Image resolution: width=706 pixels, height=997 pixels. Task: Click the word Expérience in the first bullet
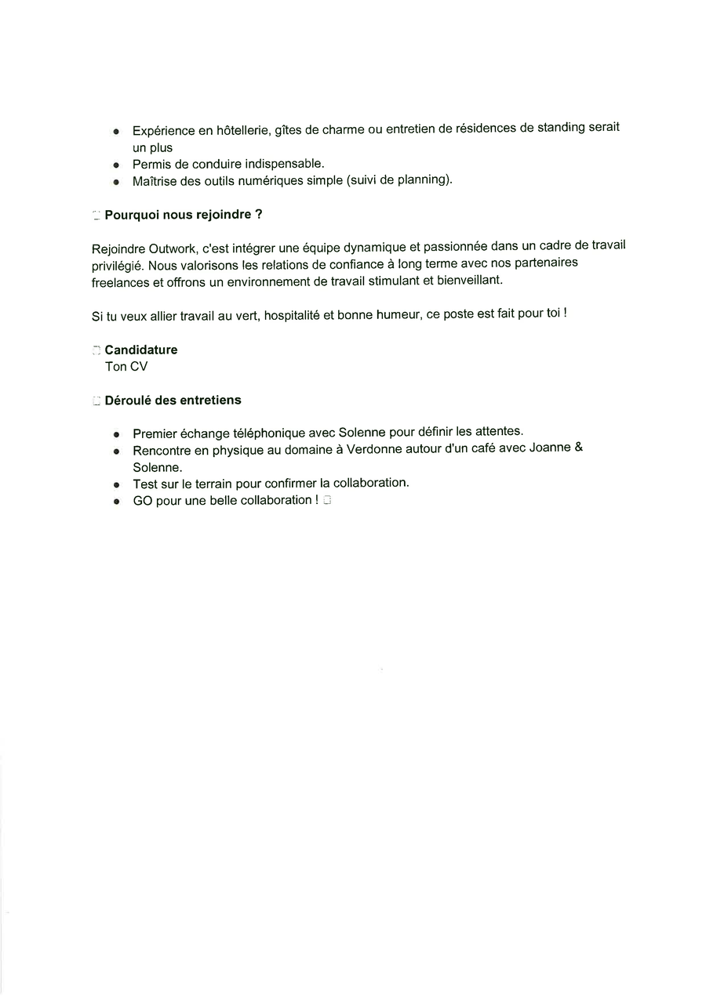tap(163, 131)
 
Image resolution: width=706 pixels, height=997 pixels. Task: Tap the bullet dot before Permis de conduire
tap(117, 165)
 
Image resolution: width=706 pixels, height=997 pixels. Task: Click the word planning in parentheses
tap(423, 179)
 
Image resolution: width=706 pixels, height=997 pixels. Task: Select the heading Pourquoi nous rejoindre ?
tap(184, 214)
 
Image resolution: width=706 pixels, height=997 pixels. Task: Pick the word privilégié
tap(117, 266)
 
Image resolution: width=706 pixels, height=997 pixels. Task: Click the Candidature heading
tap(141, 350)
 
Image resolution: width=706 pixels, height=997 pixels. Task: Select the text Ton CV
tap(126, 366)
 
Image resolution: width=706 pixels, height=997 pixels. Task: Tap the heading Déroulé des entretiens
tap(173, 400)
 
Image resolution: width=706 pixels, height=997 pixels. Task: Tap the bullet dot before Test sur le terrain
tap(117, 484)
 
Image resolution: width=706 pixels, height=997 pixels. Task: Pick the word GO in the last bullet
tap(143, 501)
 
